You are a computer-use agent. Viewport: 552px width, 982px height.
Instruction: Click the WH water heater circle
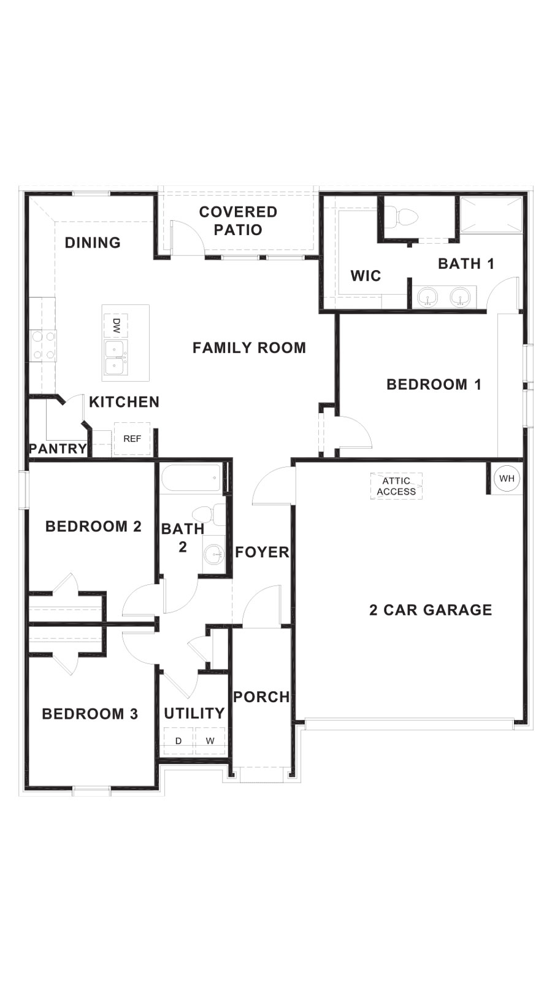coord(507,479)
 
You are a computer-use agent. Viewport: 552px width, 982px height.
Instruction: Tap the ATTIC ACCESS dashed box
coord(396,486)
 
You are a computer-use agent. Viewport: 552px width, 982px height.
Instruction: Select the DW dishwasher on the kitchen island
coord(116,326)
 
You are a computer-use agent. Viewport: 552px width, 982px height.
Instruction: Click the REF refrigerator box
coord(132,439)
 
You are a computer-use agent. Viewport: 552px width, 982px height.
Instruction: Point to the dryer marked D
coord(178,741)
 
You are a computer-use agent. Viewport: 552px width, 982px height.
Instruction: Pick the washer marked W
coord(210,741)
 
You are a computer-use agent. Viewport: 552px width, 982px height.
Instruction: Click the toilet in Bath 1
coord(404,217)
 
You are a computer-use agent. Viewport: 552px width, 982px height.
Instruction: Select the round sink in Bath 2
coord(214,554)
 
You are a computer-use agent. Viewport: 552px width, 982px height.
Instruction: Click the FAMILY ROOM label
coord(249,348)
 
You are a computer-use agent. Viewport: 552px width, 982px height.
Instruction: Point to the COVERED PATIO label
coord(238,221)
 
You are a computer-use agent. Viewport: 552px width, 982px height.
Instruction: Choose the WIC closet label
coord(366,276)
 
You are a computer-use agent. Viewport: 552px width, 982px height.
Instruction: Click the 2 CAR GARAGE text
coord(431,609)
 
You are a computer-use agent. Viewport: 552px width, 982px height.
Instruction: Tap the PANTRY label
coord(58,449)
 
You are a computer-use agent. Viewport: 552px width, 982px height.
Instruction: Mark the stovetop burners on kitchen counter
coord(42,346)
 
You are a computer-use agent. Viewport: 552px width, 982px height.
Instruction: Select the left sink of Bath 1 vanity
coord(427,298)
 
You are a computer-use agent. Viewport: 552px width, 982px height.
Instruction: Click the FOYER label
coord(262,552)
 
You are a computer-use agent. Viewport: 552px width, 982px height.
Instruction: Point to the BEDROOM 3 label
coord(90,714)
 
